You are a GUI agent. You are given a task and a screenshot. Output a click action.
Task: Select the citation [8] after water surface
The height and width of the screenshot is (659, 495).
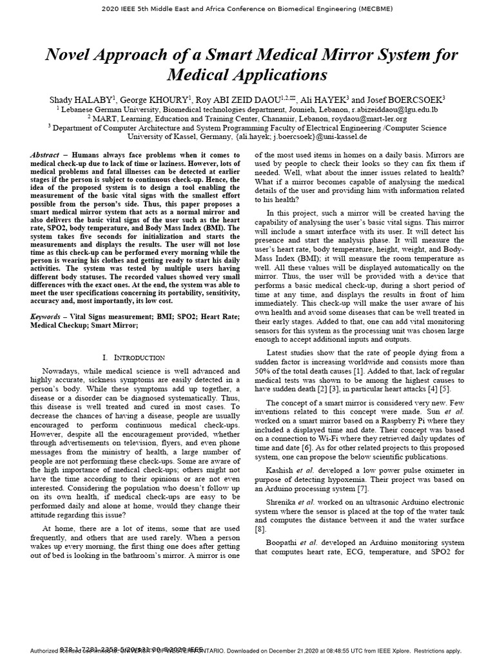click(260, 529)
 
